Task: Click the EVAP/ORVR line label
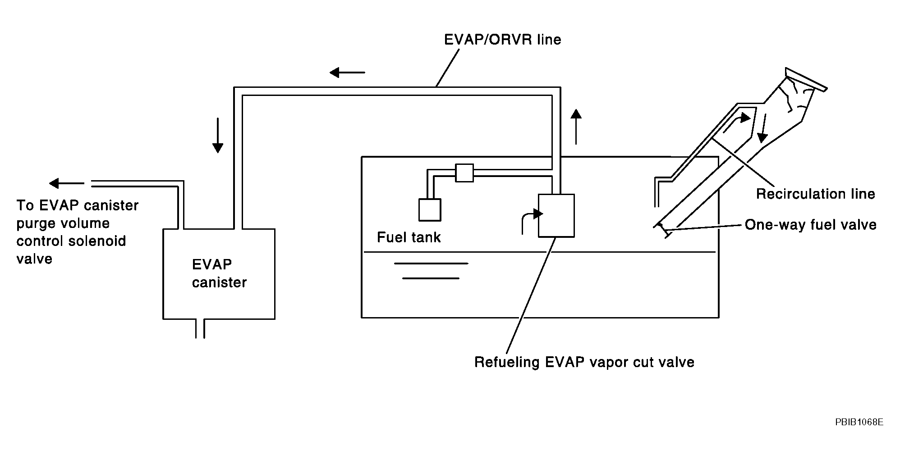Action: pyautogui.click(x=502, y=40)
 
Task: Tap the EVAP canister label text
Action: pyautogui.click(x=219, y=273)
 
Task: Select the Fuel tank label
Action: pyautogui.click(x=409, y=237)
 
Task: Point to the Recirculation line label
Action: pyautogui.click(x=815, y=194)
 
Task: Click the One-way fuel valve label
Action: pyautogui.click(x=810, y=224)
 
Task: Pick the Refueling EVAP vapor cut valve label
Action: pyautogui.click(x=584, y=362)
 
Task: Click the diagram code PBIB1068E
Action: pyautogui.click(x=859, y=422)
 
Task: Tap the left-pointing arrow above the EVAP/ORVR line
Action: pyautogui.click(x=347, y=72)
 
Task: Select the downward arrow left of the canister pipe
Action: pyautogui.click(x=218, y=135)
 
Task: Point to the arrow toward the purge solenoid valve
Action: pyautogui.click(x=67, y=183)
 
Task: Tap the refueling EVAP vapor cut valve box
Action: pyautogui.click(x=556, y=215)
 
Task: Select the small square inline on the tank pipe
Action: pyautogui.click(x=464, y=173)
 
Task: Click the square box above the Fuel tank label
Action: pyautogui.click(x=430, y=209)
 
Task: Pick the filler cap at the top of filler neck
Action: pyautogui.click(x=806, y=79)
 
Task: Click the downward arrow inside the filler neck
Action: pyautogui.click(x=763, y=128)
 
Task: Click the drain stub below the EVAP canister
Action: pyautogui.click(x=200, y=328)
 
